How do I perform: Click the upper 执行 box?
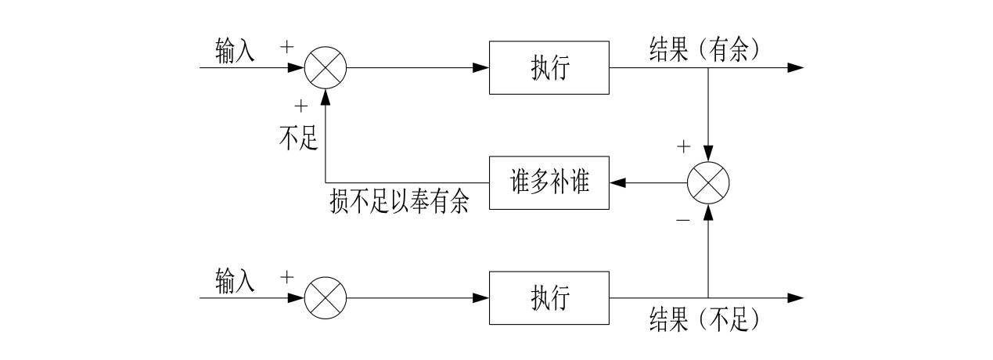tap(549, 68)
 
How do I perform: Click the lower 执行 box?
tap(549, 298)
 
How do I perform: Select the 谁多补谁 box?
tap(549, 183)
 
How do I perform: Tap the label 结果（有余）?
tap(704, 49)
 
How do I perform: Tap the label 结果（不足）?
tap(704, 320)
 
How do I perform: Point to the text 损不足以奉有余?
tap(400, 203)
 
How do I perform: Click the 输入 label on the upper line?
tap(236, 50)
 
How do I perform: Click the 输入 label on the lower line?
tap(236, 279)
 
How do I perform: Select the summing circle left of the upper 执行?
tap(325, 68)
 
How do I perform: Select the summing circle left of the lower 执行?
tap(325, 298)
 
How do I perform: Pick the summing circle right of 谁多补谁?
tap(708, 183)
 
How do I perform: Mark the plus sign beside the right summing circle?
tap(683, 146)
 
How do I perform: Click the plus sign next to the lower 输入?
tap(287, 277)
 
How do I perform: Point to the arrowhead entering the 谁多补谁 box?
tap(617, 183)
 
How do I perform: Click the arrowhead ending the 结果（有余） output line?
tap(795, 68)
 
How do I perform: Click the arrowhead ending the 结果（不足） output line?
tap(795, 298)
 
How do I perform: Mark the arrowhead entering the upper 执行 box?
tap(482, 68)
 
